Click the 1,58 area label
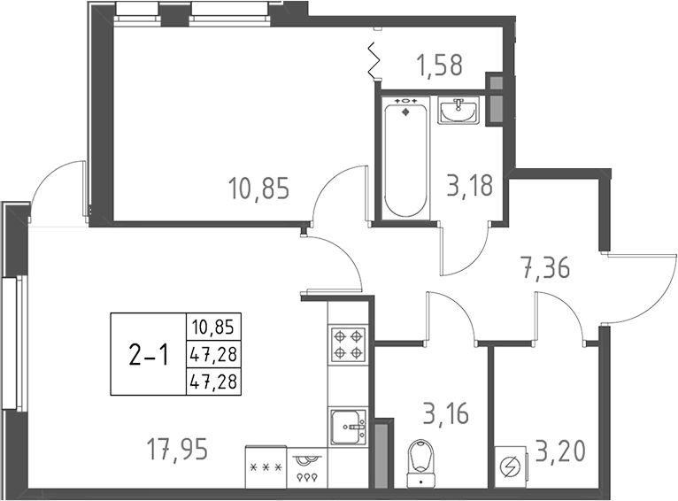click(x=439, y=65)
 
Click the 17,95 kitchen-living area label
click(x=177, y=451)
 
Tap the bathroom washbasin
click(x=458, y=112)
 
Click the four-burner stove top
click(x=348, y=343)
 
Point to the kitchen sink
click(x=348, y=428)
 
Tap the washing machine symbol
click(x=511, y=466)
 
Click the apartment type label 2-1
click(x=148, y=355)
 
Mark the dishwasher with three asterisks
click(x=266, y=466)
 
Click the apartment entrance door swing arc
click(x=639, y=288)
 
